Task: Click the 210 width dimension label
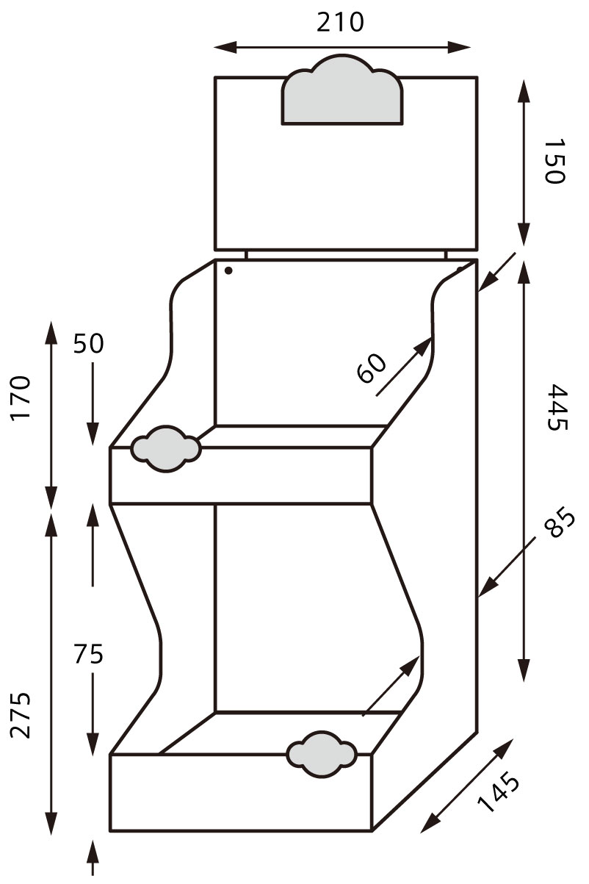pos(340,23)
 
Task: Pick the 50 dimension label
pos(88,344)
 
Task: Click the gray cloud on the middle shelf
pos(165,448)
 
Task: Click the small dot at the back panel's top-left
pos(228,270)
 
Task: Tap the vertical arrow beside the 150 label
pos(524,162)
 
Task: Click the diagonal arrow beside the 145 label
pos(468,786)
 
